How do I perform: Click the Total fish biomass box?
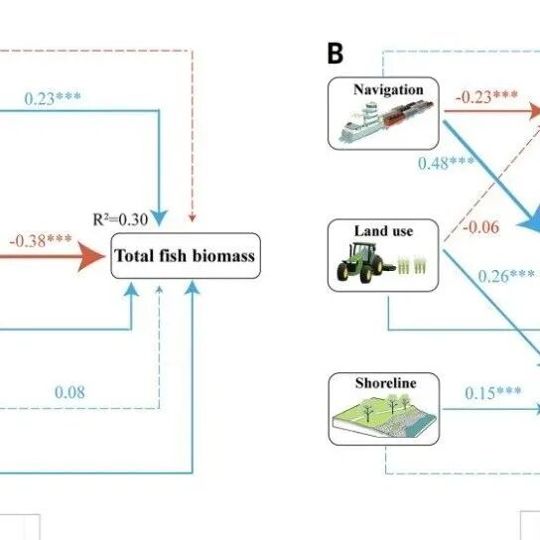(x=186, y=255)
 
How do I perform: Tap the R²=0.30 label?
(x=120, y=219)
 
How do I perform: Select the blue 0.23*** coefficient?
(x=53, y=98)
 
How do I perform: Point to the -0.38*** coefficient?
(x=41, y=240)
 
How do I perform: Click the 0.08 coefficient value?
(x=69, y=392)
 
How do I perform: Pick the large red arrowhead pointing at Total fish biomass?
(x=91, y=256)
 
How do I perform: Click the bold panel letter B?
(x=336, y=54)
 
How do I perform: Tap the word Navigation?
(x=388, y=89)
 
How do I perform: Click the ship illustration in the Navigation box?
(x=386, y=121)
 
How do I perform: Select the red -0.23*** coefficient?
(x=486, y=96)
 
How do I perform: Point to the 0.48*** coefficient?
(x=447, y=163)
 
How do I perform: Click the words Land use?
(x=383, y=230)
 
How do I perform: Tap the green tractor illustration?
(x=360, y=262)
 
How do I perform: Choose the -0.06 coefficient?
(x=480, y=227)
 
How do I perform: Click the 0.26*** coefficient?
(x=506, y=276)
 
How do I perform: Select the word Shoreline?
(x=386, y=383)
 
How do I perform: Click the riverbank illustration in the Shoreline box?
(x=384, y=416)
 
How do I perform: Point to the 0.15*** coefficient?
(x=493, y=393)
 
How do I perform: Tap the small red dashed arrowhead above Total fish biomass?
(x=193, y=217)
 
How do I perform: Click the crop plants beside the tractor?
(x=412, y=265)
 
